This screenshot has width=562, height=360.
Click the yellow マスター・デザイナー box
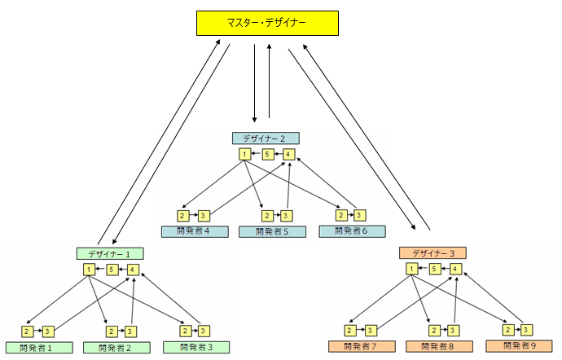point(267,23)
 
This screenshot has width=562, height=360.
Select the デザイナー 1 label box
point(109,253)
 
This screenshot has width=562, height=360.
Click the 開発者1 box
point(36,347)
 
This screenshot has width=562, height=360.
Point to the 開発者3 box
point(194,347)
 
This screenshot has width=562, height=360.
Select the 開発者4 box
point(194,231)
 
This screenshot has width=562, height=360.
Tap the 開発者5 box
point(272,231)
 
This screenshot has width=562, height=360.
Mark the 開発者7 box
point(359,346)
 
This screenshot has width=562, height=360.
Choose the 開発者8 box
point(439,346)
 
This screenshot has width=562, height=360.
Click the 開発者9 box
point(518,346)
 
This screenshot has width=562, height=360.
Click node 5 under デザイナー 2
point(267,154)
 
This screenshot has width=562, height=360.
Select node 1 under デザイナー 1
point(89,269)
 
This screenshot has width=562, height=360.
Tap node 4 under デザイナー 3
point(456,269)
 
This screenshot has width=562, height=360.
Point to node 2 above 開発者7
point(349,330)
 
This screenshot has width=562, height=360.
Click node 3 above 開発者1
point(48,331)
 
